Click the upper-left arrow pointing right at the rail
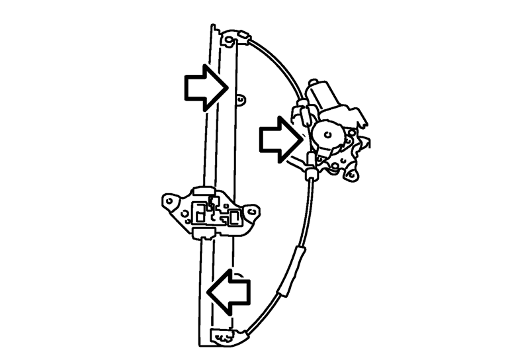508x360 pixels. click(x=204, y=87)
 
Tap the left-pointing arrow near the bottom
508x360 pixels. click(x=230, y=291)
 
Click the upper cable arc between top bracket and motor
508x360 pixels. click(x=278, y=63)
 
